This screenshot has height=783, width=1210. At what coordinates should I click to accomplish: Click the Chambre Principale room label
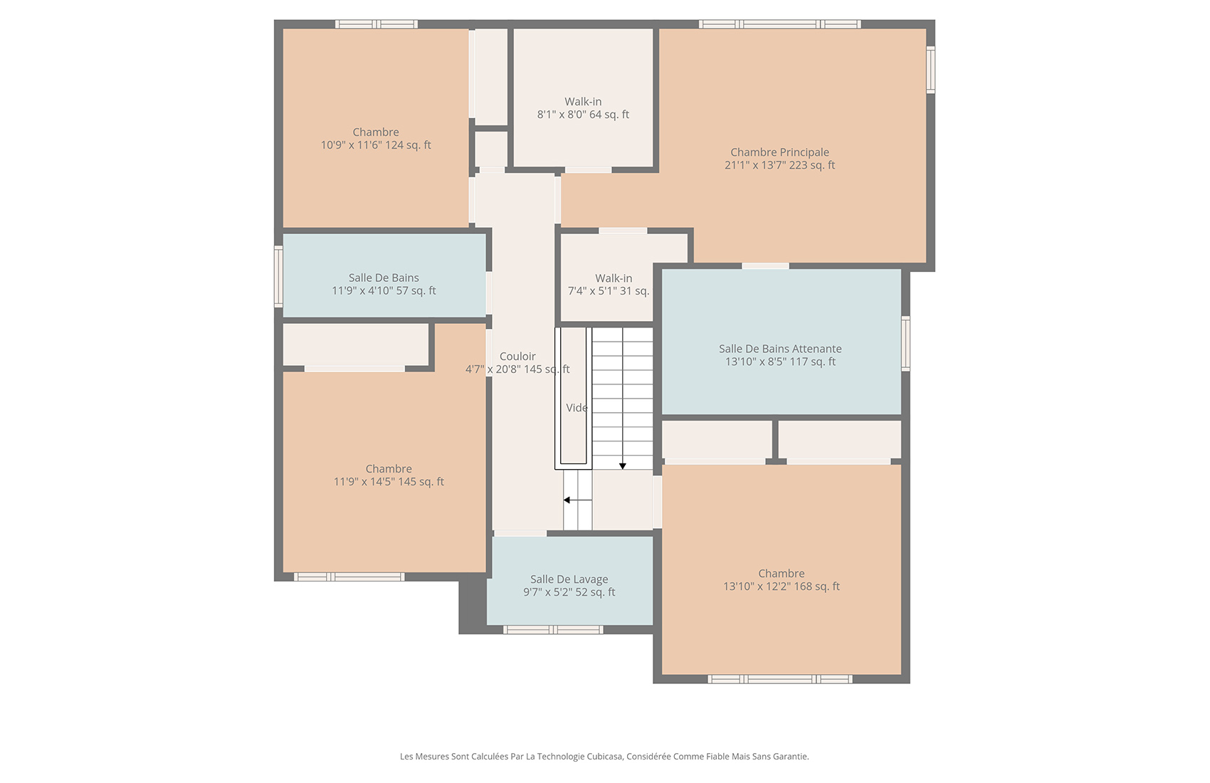coord(779,152)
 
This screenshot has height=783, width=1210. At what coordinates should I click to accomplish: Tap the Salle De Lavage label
coord(569,579)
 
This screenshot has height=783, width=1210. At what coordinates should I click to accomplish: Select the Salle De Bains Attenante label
coord(780,349)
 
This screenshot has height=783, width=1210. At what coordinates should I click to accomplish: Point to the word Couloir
coord(517,357)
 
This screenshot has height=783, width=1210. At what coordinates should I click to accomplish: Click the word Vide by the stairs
coord(577,408)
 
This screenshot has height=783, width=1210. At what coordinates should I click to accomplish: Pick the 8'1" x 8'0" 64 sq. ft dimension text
coord(583,115)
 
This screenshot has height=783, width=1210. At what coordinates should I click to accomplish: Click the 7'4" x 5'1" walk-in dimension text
coord(609,291)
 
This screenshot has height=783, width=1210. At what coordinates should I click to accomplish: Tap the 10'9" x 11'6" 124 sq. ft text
coord(375,145)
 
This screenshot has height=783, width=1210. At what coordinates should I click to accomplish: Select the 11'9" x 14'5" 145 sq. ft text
coord(389,482)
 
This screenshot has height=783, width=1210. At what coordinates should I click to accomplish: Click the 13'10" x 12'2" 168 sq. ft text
coord(781,587)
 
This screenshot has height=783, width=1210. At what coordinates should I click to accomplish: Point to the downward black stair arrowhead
coord(622,466)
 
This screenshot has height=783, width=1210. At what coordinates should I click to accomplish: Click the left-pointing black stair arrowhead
coord(567,500)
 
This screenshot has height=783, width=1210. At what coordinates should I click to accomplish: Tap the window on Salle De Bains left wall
coord(278,277)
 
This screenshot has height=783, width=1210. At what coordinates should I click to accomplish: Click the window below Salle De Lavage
coord(552,629)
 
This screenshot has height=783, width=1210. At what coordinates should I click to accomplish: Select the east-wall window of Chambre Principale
coord(931,70)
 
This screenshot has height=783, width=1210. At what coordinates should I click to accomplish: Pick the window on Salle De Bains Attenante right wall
coord(905,344)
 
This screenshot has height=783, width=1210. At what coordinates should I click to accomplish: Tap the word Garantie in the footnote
coord(791,757)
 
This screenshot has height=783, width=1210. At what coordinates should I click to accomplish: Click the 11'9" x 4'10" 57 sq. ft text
coord(384,290)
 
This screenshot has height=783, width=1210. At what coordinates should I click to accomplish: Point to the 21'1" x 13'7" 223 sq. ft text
coord(779,165)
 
